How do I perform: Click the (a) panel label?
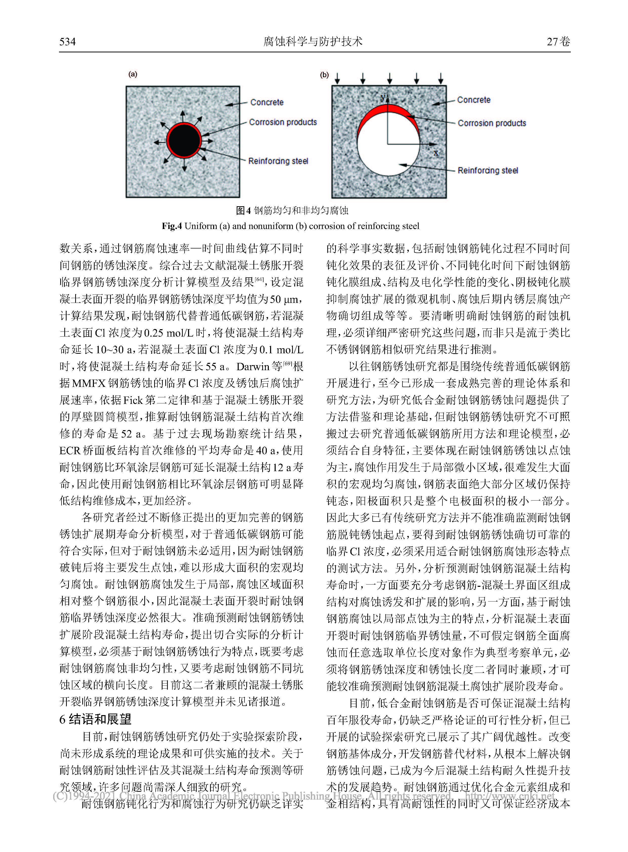pyautogui.click(x=133, y=74)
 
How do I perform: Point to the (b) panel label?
pyautogui.click(x=324, y=75)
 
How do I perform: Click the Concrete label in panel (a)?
pyautogui.click(x=267, y=102)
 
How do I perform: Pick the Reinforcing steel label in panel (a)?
pyautogui.click(x=278, y=161)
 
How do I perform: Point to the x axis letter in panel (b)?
pyautogui.click(x=436, y=153)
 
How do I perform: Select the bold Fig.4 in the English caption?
pyautogui.click(x=172, y=226)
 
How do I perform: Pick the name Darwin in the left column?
pyautogui.click(x=253, y=367)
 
